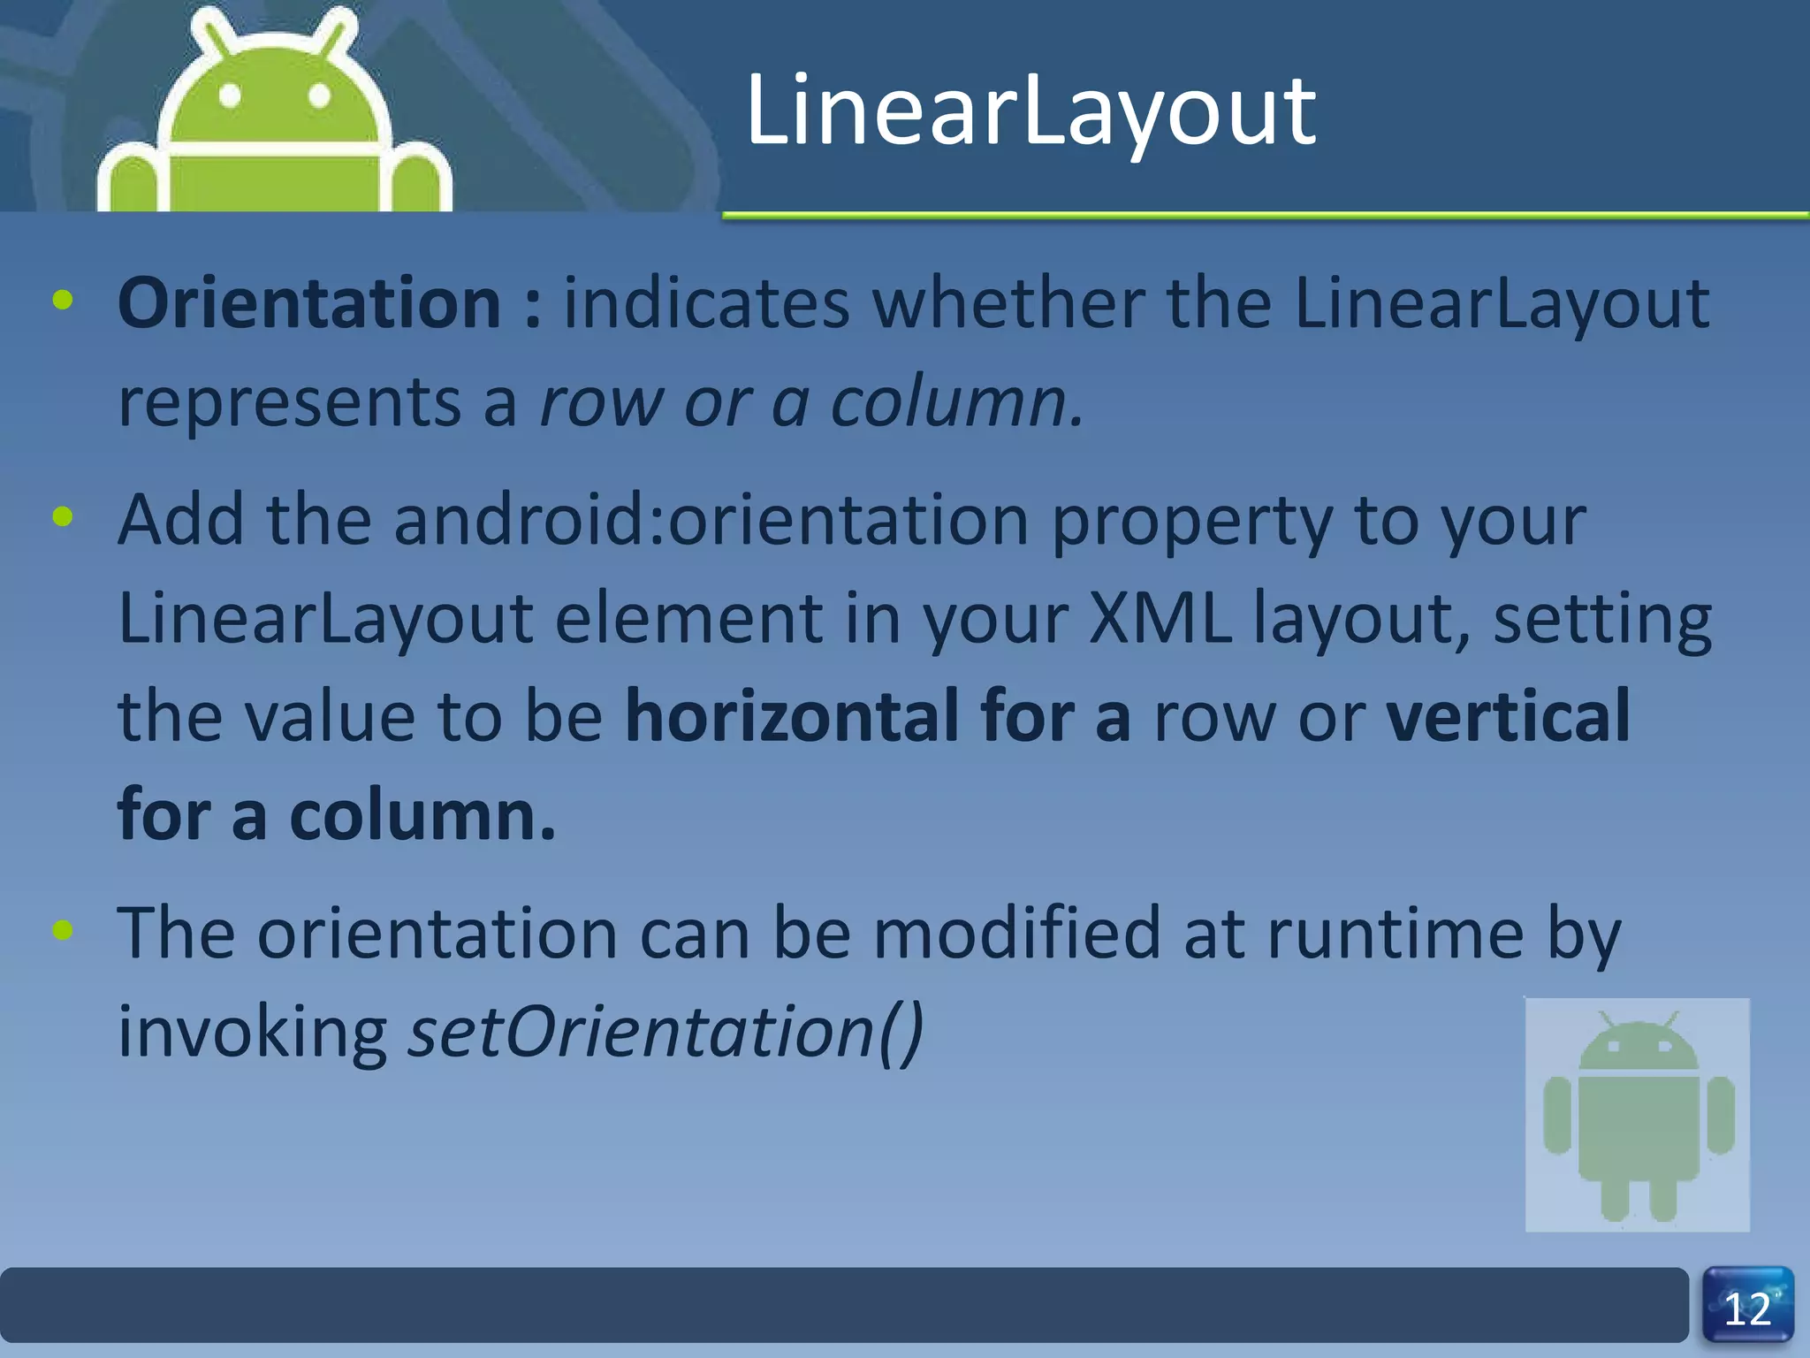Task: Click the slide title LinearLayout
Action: [x=1030, y=113]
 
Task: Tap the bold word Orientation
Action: [x=309, y=303]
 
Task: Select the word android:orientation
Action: [x=711, y=521]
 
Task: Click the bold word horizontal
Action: [x=792, y=716]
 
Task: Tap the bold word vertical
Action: [x=1508, y=716]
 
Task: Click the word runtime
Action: [x=1395, y=934]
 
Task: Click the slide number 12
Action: [x=1747, y=1309]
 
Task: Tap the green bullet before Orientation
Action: [x=63, y=301]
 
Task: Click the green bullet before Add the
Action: [x=63, y=517]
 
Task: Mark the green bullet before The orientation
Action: [x=63, y=930]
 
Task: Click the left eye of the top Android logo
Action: [x=230, y=95]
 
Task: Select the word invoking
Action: [x=253, y=1032]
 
